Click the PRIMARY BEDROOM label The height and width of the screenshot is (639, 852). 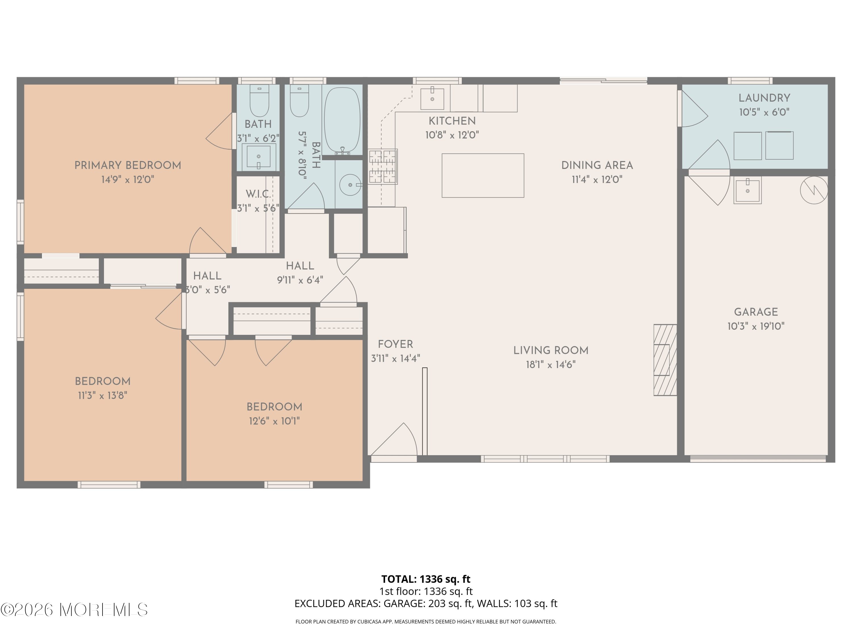coord(128,166)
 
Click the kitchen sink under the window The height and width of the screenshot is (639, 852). coord(432,99)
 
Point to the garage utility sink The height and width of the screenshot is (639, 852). coord(747,190)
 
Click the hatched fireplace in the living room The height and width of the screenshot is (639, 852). coord(665,360)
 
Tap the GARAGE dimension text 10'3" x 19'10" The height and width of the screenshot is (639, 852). coord(756,327)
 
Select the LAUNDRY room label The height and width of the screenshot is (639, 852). coord(764,98)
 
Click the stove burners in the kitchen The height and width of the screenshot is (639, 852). coord(383,167)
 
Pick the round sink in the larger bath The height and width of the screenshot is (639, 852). coord(350,185)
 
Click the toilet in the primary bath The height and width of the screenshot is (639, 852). coord(259,101)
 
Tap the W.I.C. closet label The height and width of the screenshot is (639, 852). coord(258,194)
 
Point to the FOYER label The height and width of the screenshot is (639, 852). coord(395,344)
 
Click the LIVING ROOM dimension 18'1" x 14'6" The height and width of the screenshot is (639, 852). coord(551,365)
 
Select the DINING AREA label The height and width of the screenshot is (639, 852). coord(597,166)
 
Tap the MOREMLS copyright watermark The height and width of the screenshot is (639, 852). coord(74,610)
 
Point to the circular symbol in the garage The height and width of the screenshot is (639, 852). coord(814,190)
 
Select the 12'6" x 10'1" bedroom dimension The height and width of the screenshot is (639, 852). coord(274,421)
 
